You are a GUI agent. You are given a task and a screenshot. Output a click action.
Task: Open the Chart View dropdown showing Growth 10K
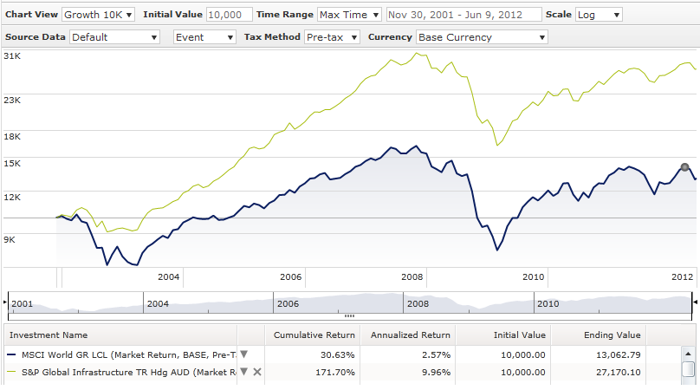98,15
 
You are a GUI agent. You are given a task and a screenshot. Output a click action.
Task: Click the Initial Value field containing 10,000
230,15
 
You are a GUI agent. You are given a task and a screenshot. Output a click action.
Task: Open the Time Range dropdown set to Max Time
349,15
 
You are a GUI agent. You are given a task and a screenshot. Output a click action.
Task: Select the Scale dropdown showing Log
599,15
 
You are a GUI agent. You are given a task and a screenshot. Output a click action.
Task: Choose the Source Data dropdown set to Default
115,37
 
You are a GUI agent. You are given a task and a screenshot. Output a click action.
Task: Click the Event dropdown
204,37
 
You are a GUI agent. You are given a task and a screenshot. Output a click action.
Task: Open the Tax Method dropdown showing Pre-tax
332,37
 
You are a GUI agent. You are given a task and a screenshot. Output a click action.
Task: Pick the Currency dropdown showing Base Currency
482,37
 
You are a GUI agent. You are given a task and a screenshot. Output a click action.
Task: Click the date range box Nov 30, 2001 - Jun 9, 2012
463,15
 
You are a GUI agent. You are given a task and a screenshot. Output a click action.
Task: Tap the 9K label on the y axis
10,239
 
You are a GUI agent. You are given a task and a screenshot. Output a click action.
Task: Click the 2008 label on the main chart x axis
412,276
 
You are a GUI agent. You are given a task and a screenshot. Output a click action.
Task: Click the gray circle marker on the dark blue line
684,167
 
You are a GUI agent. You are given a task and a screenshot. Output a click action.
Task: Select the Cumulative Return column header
314,335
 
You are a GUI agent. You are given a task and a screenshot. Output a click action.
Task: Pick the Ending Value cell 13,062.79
616,354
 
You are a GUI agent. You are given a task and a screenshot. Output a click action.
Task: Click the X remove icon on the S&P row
257,372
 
